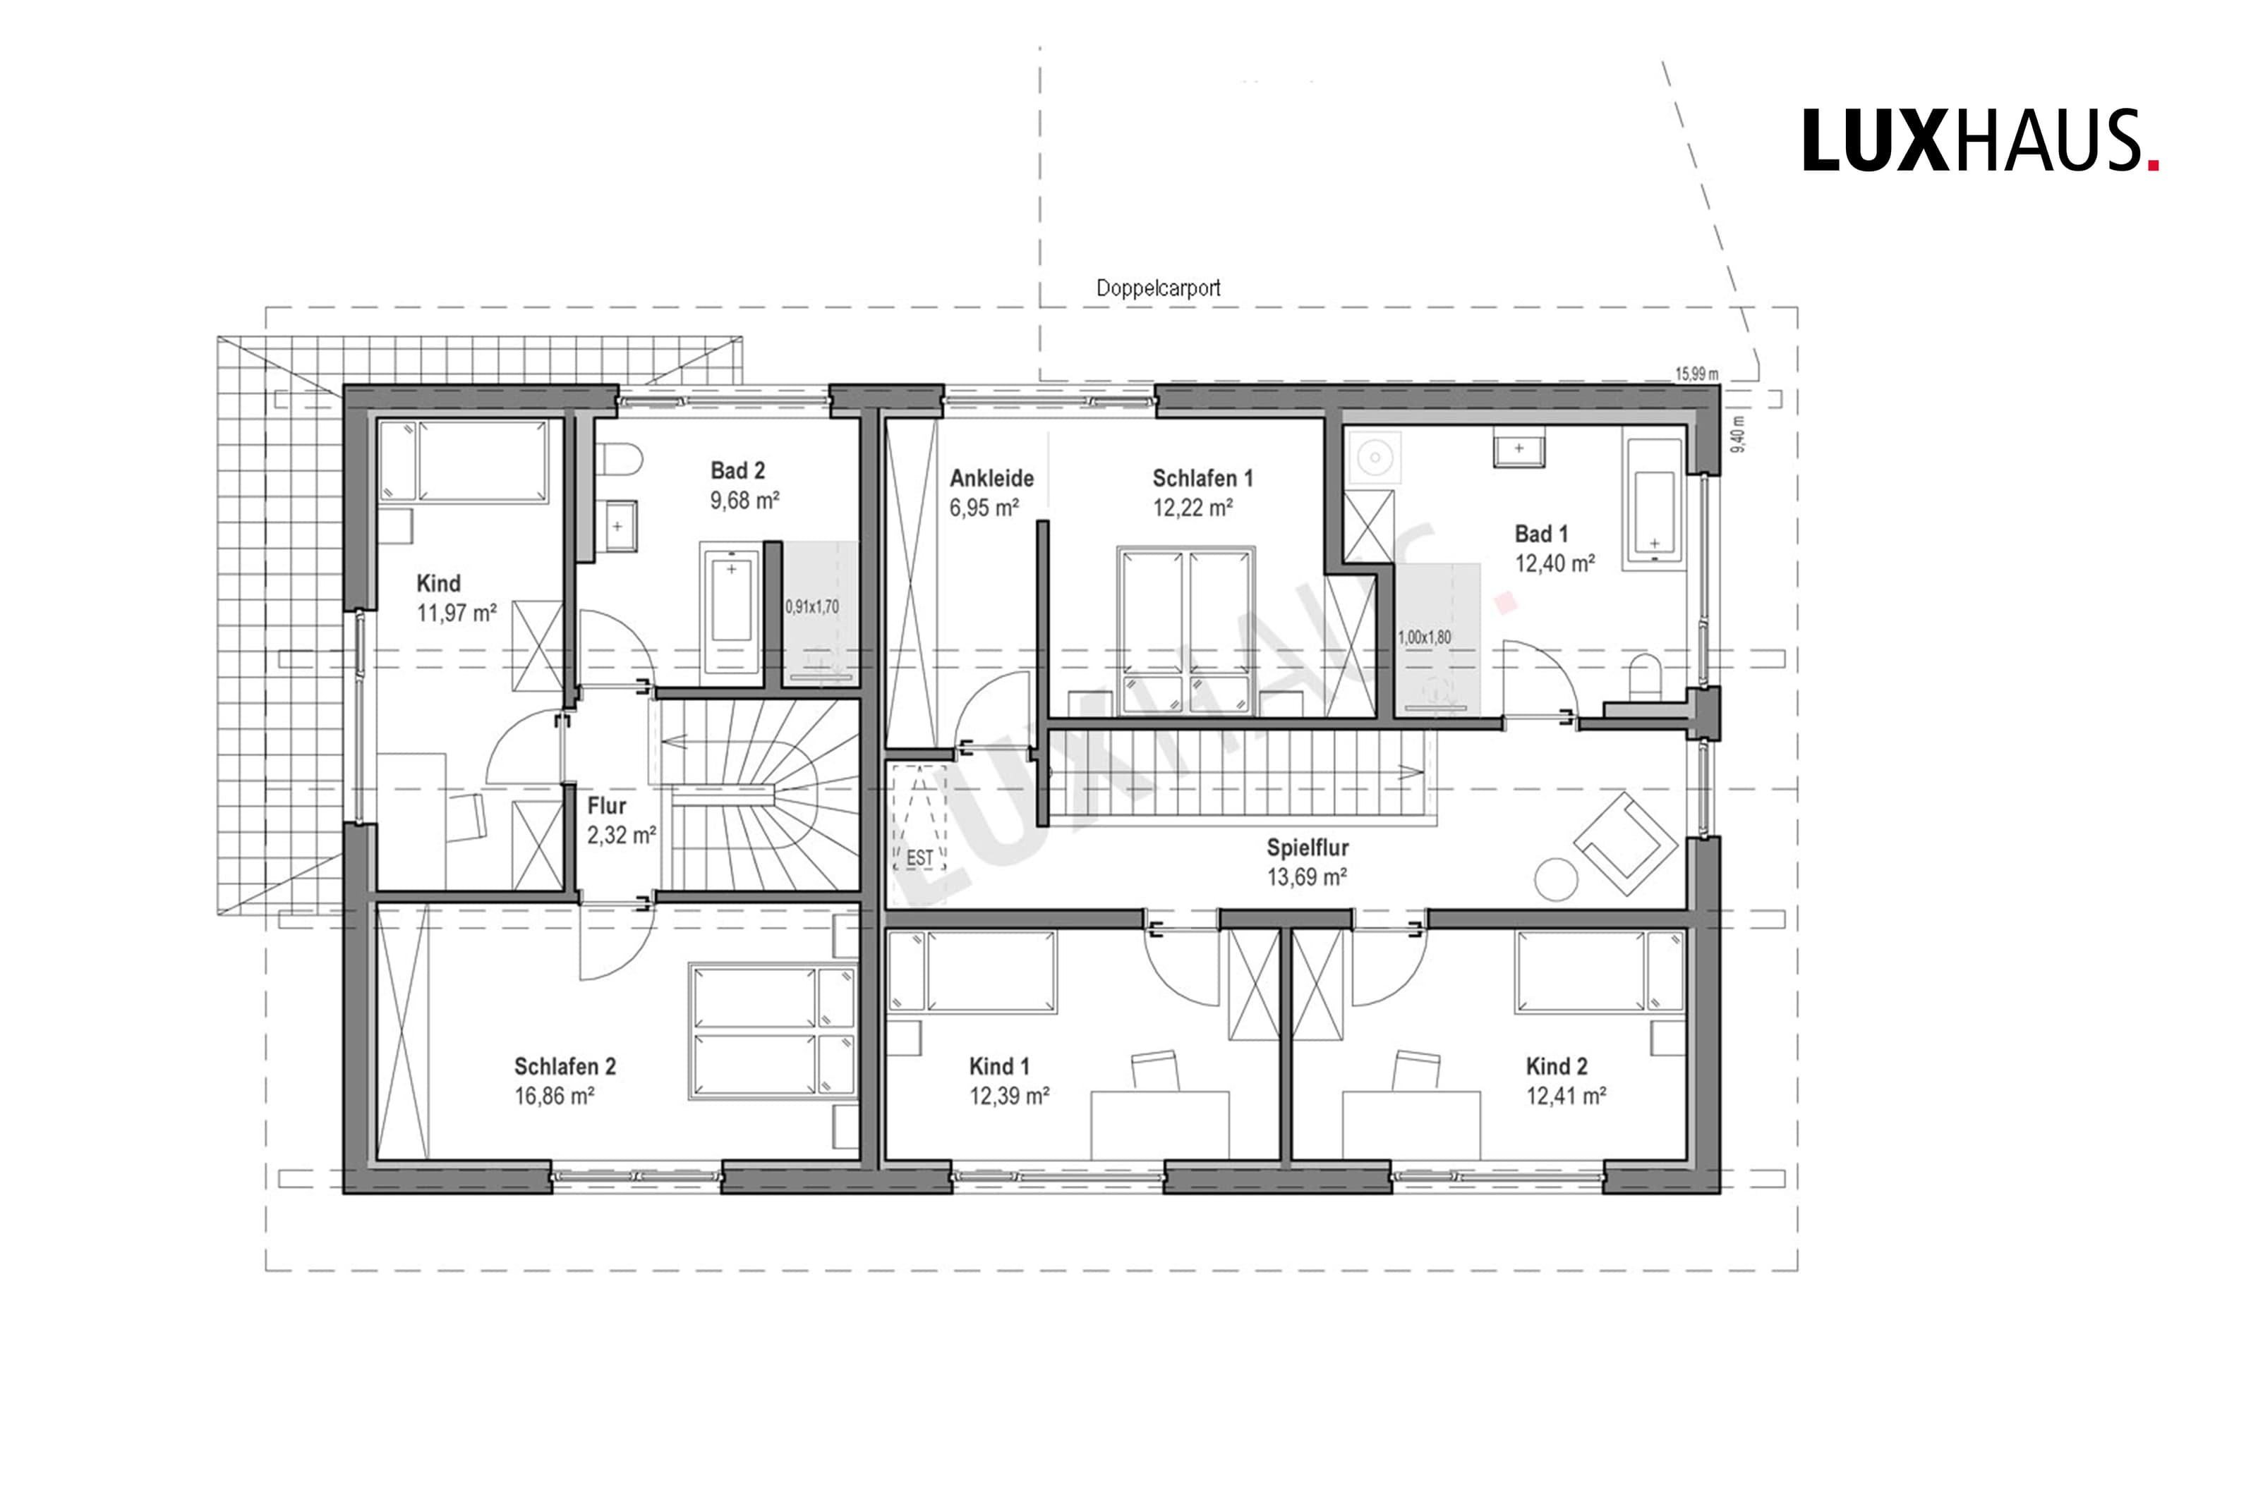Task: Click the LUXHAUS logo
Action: (x=1980, y=140)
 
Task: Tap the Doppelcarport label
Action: (x=1158, y=288)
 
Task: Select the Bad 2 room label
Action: (x=737, y=471)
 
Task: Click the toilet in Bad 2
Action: (x=618, y=460)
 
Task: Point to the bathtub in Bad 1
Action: (x=1653, y=503)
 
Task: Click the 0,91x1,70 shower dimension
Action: (x=812, y=607)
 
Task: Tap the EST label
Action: (x=919, y=857)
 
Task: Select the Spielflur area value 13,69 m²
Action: (x=1307, y=876)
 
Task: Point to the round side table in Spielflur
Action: (x=1556, y=879)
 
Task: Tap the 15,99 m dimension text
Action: (x=1696, y=374)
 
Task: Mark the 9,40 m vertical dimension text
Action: (x=1737, y=434)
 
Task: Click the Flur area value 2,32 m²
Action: (x=621, y=836)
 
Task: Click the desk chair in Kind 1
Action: (x=1155, y=1070)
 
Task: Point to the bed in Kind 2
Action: (x=1600, y=971)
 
